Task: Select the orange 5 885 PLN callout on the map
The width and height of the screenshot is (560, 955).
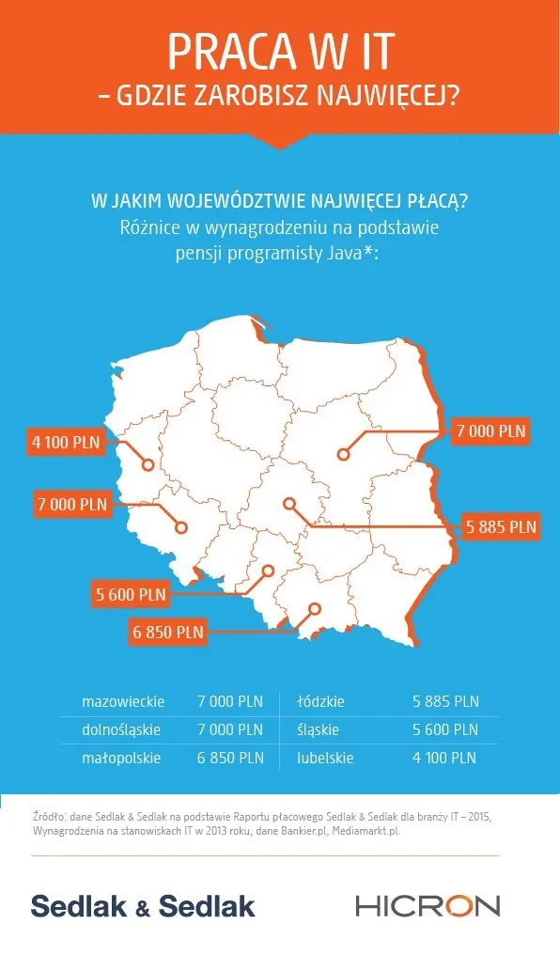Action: coord(501,526)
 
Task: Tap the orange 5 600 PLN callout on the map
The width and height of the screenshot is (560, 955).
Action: coord(131,593)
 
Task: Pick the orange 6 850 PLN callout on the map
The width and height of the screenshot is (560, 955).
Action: coord(168,632)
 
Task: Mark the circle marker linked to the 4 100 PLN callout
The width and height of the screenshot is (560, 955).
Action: coord(148,464)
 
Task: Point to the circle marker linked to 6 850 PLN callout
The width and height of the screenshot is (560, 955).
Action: coord(315,608)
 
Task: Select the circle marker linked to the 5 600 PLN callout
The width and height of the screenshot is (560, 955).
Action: coord(268,571)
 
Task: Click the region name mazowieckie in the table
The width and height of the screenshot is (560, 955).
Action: coord(123,701)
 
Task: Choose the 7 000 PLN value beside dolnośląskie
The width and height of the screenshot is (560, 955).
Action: coord(230,729)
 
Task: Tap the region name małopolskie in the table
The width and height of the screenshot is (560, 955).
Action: coord(121,758)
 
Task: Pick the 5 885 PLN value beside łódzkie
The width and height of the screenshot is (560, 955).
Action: coord(445,701)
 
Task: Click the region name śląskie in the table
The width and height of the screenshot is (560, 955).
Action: coord(318,729)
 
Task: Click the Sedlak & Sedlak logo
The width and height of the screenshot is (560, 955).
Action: coord(143,906)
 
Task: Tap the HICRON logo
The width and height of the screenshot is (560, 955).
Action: coord(428,906)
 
